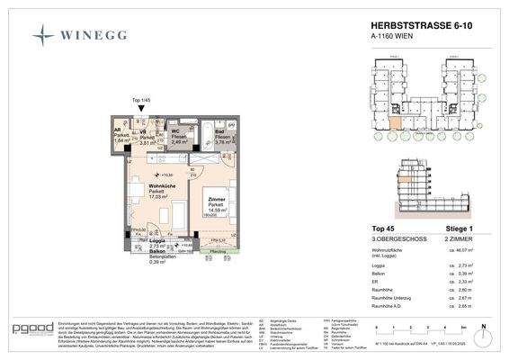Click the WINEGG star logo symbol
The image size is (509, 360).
pyautogui.click(x=45, y=36)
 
